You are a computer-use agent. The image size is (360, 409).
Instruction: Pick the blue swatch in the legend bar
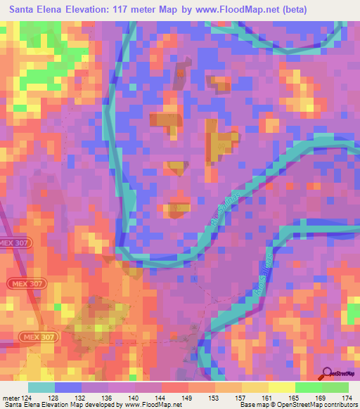[x=68, y=387]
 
